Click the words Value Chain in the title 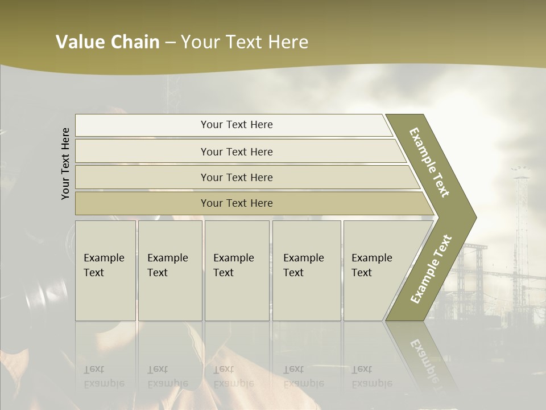(x=107, y=42)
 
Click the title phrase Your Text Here (x=245, y=42)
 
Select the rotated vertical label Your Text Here (x=65, y=163)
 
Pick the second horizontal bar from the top (x=236, y=151)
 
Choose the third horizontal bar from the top (x=236, y=177)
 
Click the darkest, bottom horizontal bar (x=236, y=203)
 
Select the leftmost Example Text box (x=105, y=270)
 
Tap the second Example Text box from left (x=169, y=270)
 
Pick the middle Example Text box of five (x=237, y=270)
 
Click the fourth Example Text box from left (x=306, y=270)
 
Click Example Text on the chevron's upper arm (x=430, y=162)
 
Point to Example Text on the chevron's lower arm (x=431, y=269)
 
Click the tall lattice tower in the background (x=520, y=216)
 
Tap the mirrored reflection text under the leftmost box (x=104, y=376)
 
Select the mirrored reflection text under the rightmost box (x=372, y=376)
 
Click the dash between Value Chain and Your (x=170, y=43)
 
